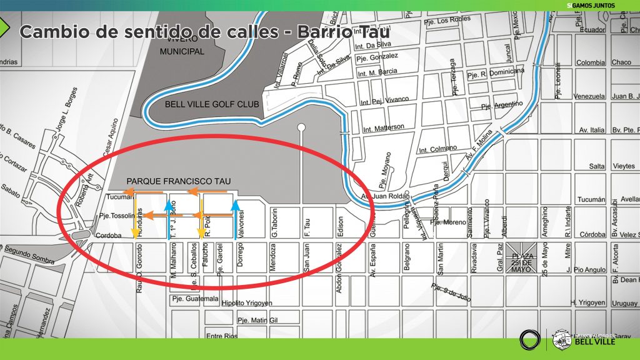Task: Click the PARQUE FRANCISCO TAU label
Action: pyautogui.click(x=179, y=181)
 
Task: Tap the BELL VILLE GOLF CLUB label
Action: pyautogui.click(x=203, y=104)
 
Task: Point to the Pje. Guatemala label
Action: pyautogui.click(x=195, y=299)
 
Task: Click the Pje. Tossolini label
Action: pyautogui.click(x=116, y=216)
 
